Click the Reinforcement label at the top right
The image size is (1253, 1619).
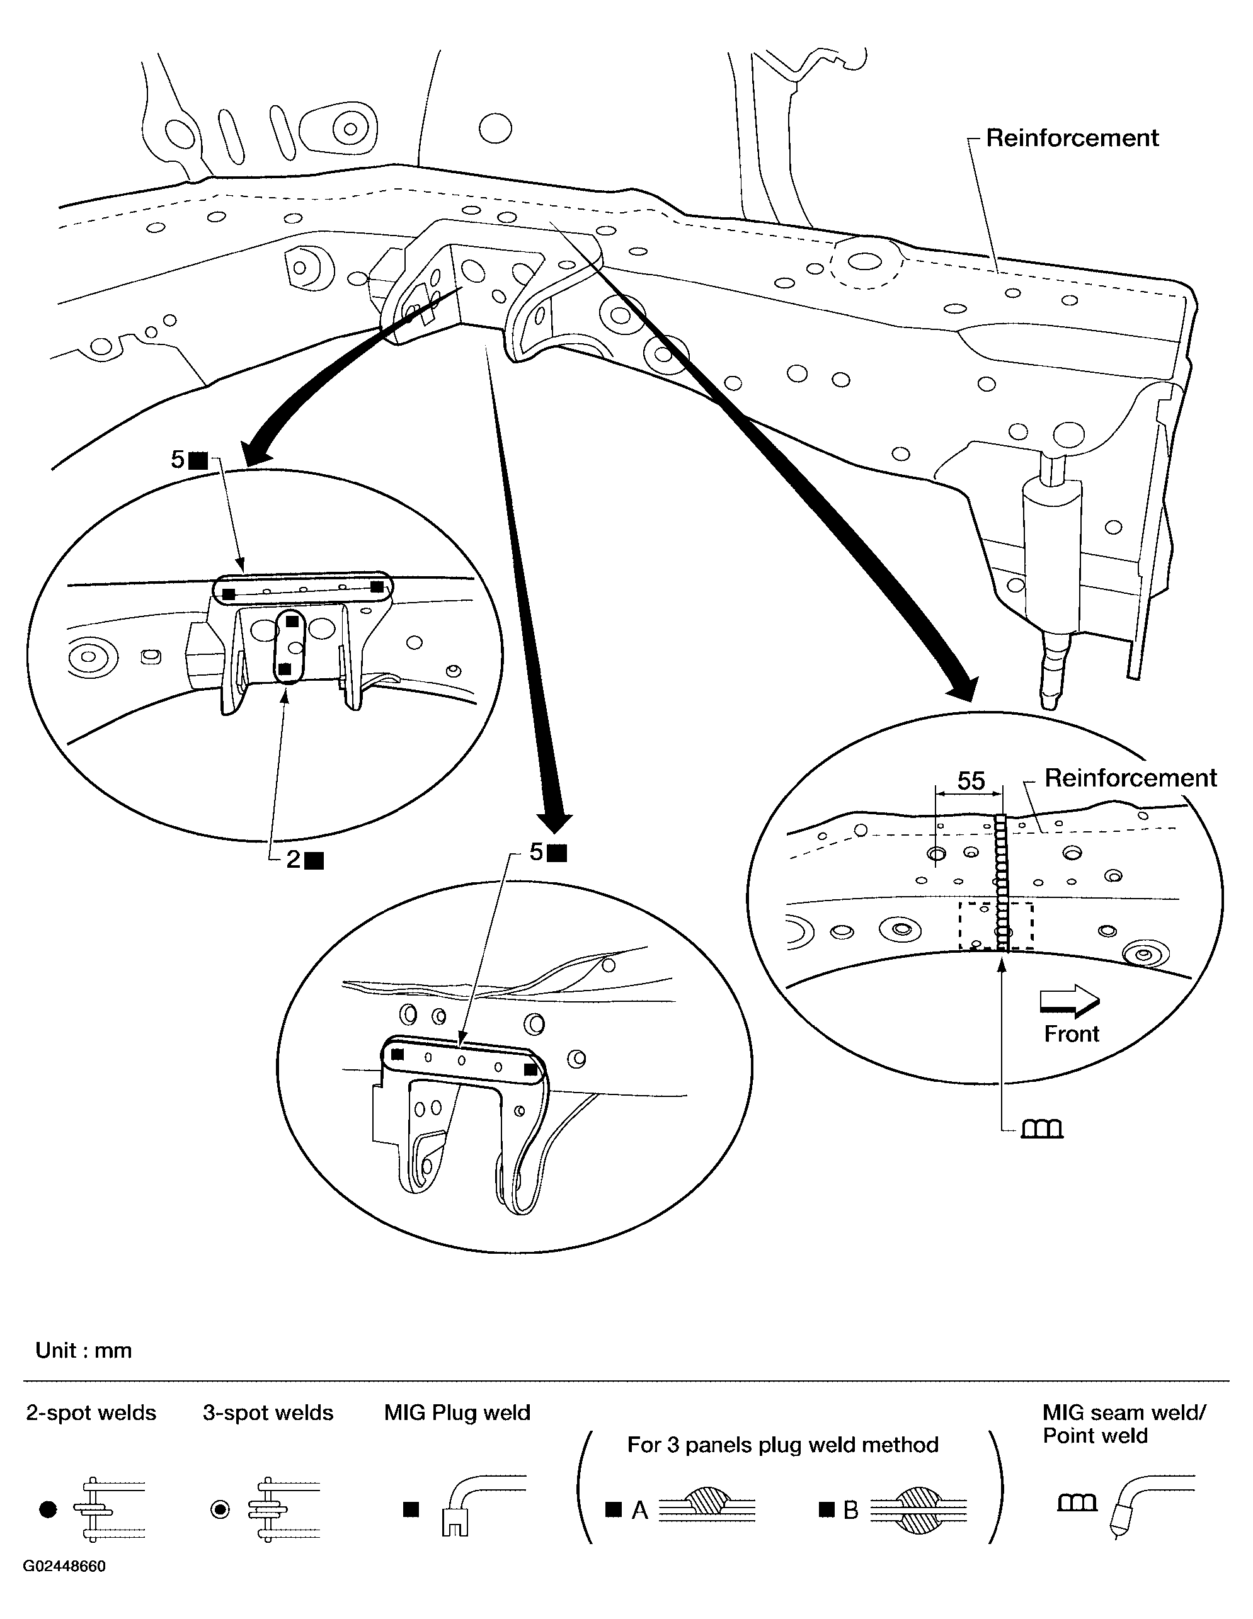1072,138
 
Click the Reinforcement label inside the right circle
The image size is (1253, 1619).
1130,778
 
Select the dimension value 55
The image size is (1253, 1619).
971,781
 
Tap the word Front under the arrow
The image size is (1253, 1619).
1072,1033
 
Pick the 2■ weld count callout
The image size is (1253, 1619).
305,859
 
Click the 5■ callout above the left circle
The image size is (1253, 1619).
189,460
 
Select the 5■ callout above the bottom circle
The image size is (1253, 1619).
548,853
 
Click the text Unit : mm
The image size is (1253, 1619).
84,1350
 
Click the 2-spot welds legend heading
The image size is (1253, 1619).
91,1413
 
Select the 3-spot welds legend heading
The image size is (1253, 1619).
268,1413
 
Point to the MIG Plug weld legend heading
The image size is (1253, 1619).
457,1413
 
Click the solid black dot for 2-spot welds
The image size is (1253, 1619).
48,1509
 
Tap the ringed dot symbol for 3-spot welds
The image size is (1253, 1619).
220,1509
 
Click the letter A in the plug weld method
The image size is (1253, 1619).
639,1510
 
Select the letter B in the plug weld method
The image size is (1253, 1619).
850,1510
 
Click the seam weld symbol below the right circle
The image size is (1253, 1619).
1042,1129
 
